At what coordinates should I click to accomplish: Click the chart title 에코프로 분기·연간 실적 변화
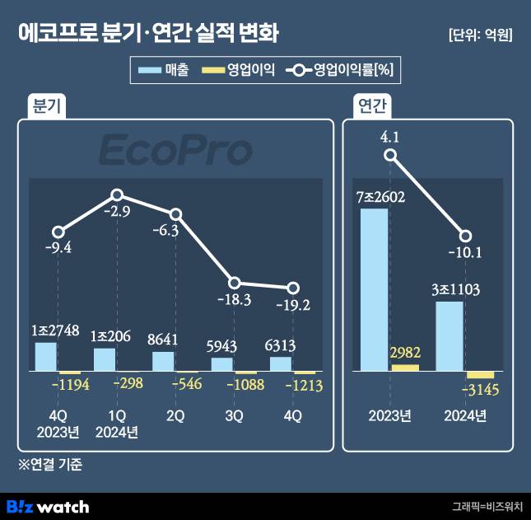[148, 34]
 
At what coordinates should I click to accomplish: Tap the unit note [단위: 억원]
[480, 35]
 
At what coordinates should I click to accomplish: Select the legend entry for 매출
[165, 71]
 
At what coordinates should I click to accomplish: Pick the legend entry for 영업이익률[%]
[342, 71]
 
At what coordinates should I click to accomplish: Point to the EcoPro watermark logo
[175, 152]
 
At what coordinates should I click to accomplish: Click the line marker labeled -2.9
[117, 195]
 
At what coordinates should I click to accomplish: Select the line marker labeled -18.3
[234, 283]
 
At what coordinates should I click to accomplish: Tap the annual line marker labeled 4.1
[391, 155]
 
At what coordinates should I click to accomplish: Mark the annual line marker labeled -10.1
[465, 236]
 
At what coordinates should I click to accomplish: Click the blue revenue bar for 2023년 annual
[374, 289]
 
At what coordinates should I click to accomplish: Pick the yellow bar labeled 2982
[405, 367]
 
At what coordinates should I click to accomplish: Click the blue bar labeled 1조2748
[45, 356]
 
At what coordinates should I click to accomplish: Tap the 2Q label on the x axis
[175, 416]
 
